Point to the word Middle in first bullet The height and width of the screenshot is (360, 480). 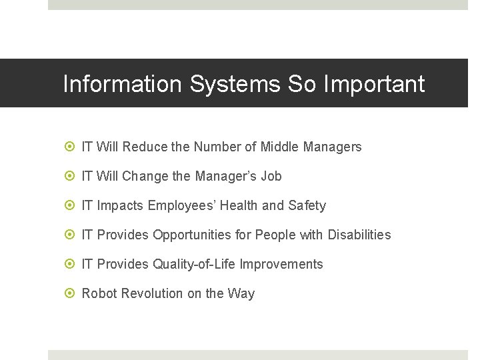pyautogui.click(x=280, y=147)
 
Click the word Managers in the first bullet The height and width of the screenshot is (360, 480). pyautogui.click(x=333, y=147)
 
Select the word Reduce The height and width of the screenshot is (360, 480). pyautogui.click(x=145, y=147)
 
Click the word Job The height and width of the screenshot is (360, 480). pyautogui.click(x=271, y=176)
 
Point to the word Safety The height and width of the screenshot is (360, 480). pyautogui.click(x=307, y=205)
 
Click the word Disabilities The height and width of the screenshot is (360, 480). pyautogui.click(x=358, y=235)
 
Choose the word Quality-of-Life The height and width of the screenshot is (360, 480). pyautogui.click(x=194, y=264)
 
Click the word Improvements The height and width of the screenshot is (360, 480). pyautogui.click(x=281, y=264)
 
